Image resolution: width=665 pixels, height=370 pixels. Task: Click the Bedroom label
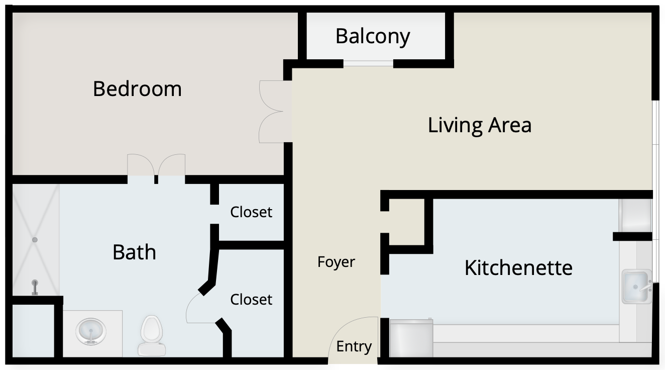click(x=137, y=88)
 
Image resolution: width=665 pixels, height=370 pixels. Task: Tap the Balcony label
click(x=373, y=37)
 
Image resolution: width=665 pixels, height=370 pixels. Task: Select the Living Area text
click(x=480, y=125)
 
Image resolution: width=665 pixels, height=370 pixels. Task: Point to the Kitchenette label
click(x=518, y=268)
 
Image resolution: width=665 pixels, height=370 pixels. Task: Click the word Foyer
click(x=336, y=262)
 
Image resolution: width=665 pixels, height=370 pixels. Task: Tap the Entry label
click(x=354, y=346)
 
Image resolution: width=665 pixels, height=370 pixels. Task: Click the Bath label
click(x=134, y=252)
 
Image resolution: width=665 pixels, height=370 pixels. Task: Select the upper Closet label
click(x=251, y=212)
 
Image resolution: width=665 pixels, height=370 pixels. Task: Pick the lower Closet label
click(x=251, y=299)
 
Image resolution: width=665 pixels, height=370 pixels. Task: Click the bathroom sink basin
click(x=91, y=331)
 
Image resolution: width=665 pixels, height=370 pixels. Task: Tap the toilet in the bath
click(x=151, y=335)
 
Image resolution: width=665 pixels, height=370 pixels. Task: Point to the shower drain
click(x=35, y=239)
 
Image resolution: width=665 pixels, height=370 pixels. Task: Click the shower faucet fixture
click(x=35, y=287)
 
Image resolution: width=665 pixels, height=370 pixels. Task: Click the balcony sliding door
click(x=369, y=63)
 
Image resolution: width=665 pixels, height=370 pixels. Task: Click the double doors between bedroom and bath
click(x=156, y=165)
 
